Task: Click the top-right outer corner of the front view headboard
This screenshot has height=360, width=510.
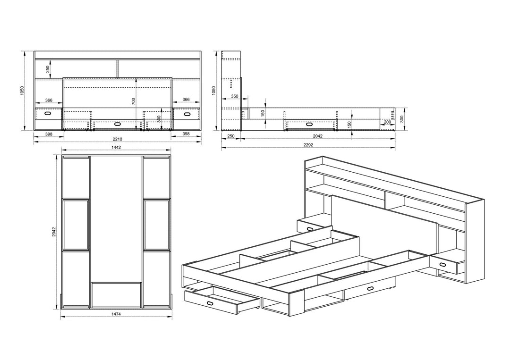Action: pos(200,51)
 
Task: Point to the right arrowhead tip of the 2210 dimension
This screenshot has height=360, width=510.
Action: pos(200,142)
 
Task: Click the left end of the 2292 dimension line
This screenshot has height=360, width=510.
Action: pos(222,148)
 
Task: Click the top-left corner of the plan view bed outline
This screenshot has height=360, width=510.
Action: pos(62,155)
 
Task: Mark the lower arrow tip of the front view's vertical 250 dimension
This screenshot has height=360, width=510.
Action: pos(51,78)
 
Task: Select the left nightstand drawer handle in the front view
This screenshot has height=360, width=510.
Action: pos(48,114)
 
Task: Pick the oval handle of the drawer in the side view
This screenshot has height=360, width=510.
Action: pos(309,124)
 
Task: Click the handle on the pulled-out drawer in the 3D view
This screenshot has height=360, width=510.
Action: pos(210,303)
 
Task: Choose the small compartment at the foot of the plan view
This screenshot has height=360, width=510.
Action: pos(116,295)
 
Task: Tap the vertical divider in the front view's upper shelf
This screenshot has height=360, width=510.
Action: pos(117,68)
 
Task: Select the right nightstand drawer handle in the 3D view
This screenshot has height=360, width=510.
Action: pos(442,264)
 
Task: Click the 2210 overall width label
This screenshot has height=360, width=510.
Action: pos(117,139)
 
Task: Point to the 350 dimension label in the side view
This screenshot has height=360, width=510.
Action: pos(235,96)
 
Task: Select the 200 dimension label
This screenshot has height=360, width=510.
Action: pos(387,122)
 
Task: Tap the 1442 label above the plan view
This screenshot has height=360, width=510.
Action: pos(116,147)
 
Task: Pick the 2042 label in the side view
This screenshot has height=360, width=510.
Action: pos(317,136)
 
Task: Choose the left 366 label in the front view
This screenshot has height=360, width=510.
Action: pos(49,100)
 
